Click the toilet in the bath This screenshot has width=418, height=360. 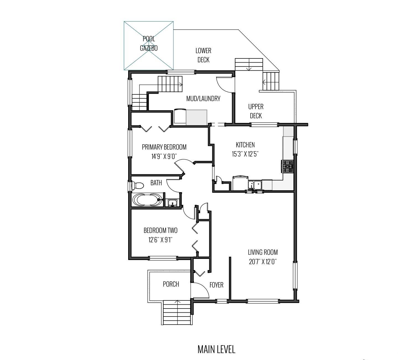point(138,185)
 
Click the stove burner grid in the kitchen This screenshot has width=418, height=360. point(287,166)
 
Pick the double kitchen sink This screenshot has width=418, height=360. point(255,185)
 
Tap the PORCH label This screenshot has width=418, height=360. point(171,284)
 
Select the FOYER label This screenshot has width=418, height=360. point(216,285)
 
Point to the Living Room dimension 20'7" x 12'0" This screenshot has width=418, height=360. point(263,262)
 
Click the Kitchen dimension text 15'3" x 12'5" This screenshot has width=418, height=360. point(245,154)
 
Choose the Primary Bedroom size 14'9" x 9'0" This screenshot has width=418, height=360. point(164,156)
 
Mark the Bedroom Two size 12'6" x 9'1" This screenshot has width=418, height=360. point(160,240)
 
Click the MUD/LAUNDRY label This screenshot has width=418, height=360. point(203,99)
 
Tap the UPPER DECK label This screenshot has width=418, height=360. point(256,111)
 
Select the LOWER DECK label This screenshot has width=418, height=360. point(203,55)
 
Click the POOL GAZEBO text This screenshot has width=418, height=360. point(149,43)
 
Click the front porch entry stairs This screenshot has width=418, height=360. point(177,313)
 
